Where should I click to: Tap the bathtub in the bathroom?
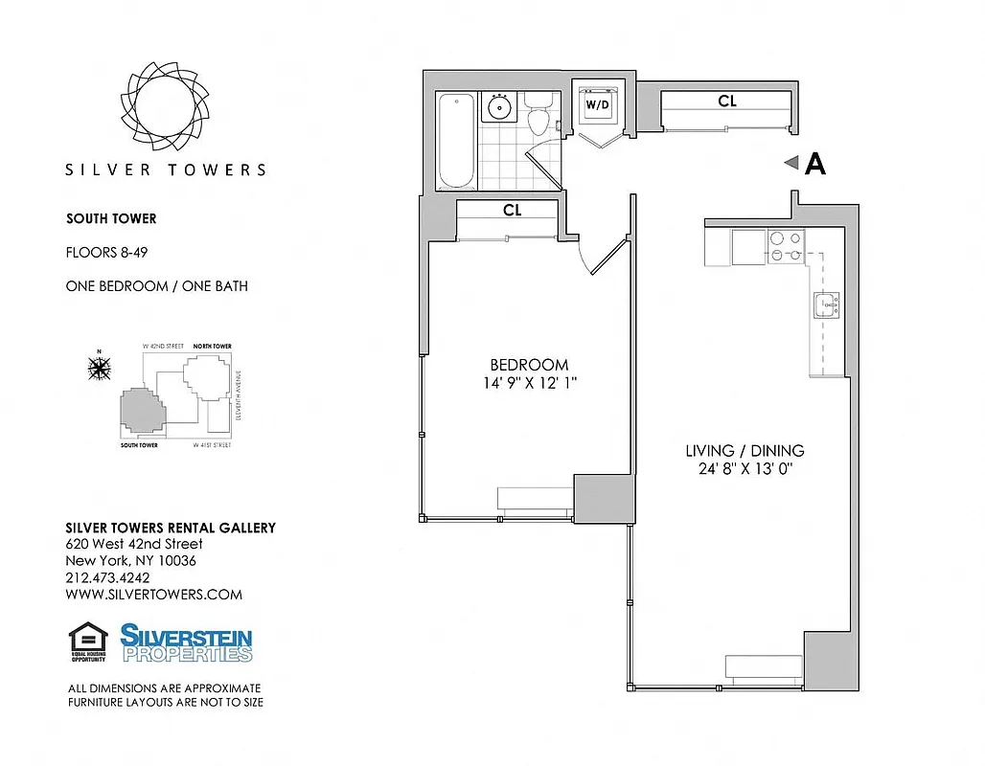coord(455,140)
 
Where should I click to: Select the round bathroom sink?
coord(498,106)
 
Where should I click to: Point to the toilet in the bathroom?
coord(538,116)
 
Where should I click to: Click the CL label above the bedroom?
coord(512,211)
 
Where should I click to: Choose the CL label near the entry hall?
coord(727,101)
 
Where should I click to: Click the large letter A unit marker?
coord(815,165)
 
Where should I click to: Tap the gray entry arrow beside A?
coord(791,164)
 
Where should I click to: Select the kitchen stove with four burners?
coord(787,248)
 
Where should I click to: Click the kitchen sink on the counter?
coord(826,305)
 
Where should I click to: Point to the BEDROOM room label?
coord(529,365)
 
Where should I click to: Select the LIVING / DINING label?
coord(744,451)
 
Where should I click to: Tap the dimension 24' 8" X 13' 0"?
coord(744,469)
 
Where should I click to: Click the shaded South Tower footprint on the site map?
coord(141,413)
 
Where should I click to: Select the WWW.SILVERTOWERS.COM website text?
coord(153,595)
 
